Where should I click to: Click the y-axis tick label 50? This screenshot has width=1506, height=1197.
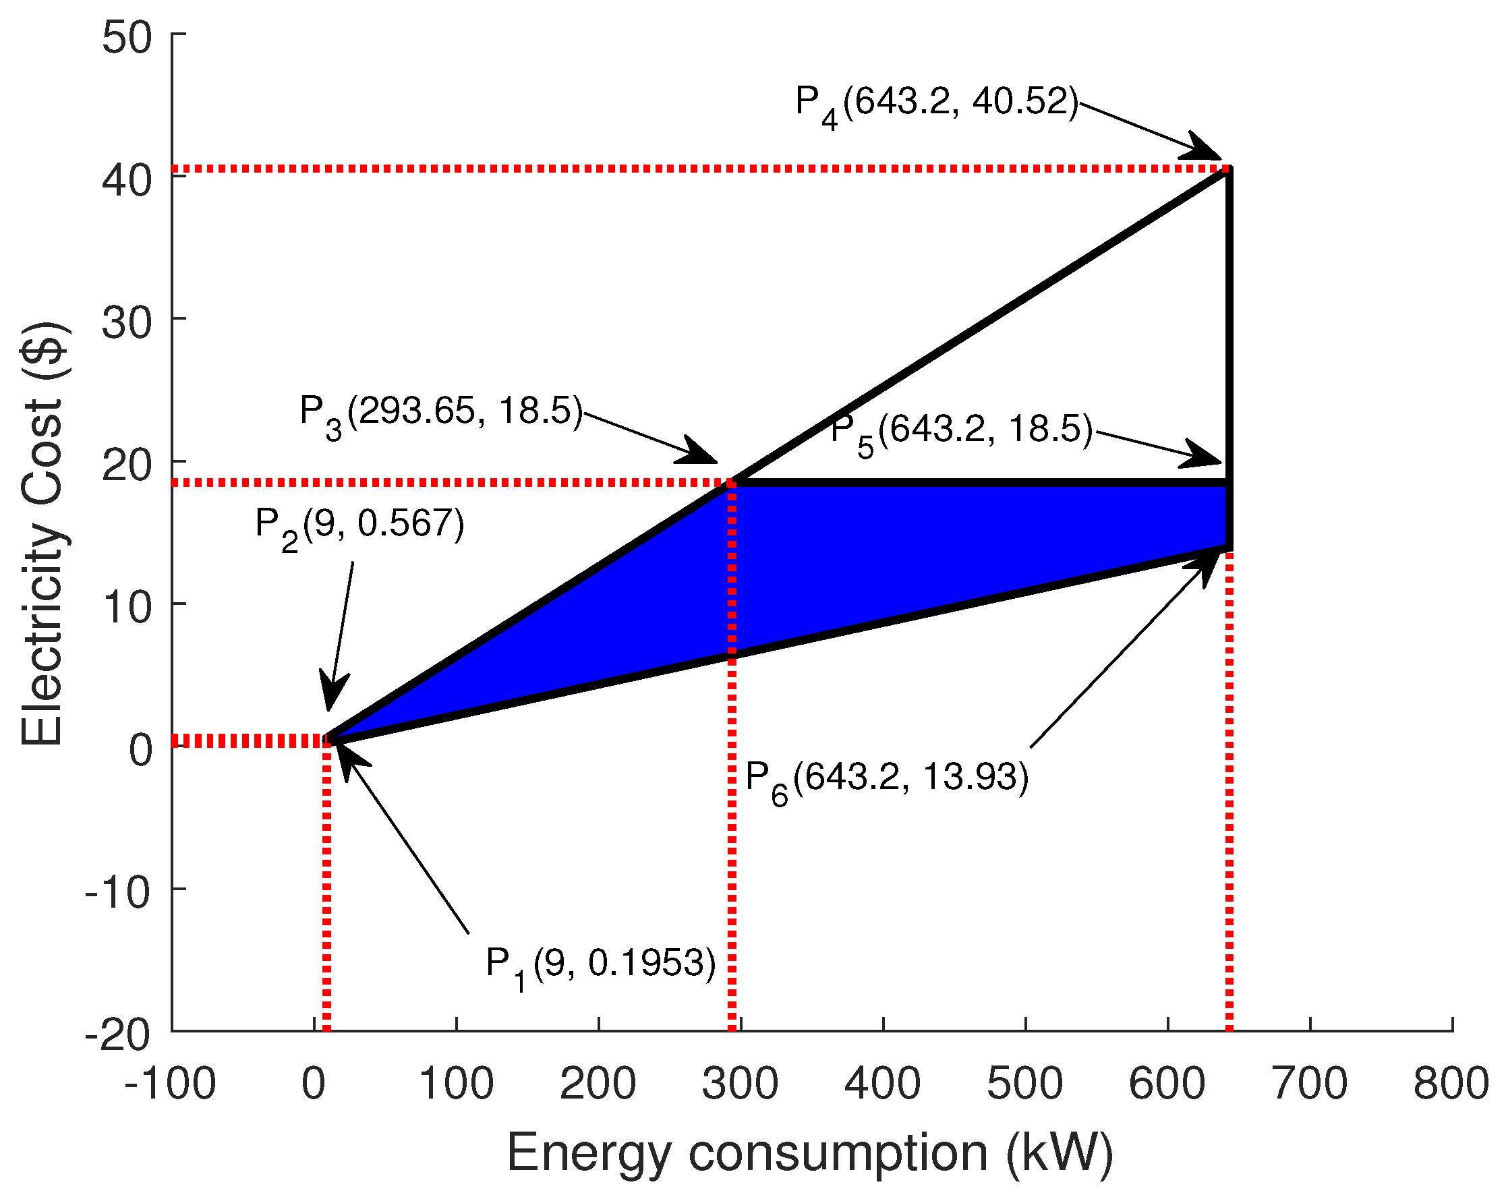pyautogui.click(x=126, y=38)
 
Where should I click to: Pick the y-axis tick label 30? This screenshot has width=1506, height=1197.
pyautogui.click(x=126, y=322)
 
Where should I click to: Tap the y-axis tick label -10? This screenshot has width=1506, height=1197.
pyautogui.click(x=117, y=892)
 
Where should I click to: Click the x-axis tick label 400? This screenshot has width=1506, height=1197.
pyautogui.click(x=882, y=1084)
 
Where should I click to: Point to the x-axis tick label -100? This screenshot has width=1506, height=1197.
pyautogui.click(x=170, y=1084)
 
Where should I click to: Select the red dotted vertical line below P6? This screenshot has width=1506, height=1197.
pyautogui.click(x=1229, y=789)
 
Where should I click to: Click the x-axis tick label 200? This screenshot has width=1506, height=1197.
pyautogui.click(x=598, y=1084)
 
